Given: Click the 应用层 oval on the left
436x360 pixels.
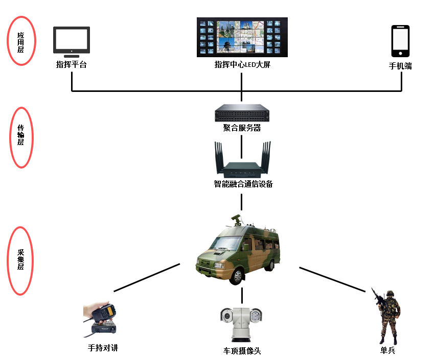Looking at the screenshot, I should coord(21,41).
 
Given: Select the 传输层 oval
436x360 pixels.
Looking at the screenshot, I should coord(21,137).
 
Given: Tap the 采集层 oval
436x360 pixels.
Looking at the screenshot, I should coord(21,261).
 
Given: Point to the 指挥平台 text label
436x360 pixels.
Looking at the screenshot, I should coord(72,65).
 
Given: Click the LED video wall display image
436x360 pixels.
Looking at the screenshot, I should coord(242,37).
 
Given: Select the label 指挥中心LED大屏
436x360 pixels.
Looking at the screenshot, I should coord(242,65).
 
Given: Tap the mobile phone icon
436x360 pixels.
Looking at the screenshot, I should coord(400,41).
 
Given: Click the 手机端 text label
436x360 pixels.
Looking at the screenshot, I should coord(400,66).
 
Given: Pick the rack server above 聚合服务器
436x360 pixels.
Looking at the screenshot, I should coord(242,112).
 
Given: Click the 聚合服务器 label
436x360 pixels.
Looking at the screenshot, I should coord(242,128).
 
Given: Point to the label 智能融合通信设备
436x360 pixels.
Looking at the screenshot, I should coord(243,184).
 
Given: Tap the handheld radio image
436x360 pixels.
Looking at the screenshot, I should coord(101,319).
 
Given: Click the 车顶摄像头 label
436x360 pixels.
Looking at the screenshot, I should coord(242,351).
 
